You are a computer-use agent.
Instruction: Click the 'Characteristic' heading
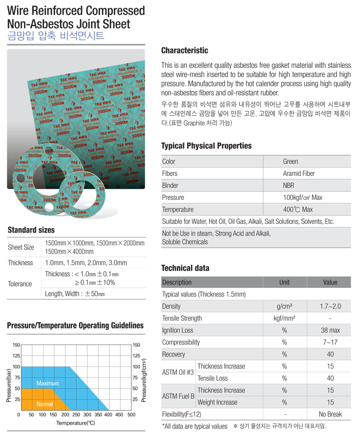pos(184,51)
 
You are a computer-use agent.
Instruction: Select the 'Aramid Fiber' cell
pos(299,173)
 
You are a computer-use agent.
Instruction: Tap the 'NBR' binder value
pos(289,186)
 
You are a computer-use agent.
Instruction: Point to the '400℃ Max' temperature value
pos(297,210)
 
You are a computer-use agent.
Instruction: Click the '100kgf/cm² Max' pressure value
pos(302,197)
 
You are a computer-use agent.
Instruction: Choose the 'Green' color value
pos(290,162)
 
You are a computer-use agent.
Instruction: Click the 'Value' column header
pos(330,282)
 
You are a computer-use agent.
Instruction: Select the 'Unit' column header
pos(284,282)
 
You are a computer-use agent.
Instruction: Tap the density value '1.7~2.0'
pos(330,306)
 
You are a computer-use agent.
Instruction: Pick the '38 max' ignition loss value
pos(330,330)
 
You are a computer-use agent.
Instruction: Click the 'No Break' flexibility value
pos(330,414)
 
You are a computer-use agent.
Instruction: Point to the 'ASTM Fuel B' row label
pos(178,396)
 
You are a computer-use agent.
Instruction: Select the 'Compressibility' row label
pos(181,343)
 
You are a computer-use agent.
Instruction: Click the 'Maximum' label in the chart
pos(47,384)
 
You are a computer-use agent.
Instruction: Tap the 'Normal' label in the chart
pos(44,404)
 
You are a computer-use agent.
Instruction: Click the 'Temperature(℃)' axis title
pos(75,423)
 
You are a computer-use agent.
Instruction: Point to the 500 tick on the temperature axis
pos(131,415)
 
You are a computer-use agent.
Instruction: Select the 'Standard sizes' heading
pos(31,230)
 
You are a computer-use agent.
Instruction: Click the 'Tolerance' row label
pos(20,284)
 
